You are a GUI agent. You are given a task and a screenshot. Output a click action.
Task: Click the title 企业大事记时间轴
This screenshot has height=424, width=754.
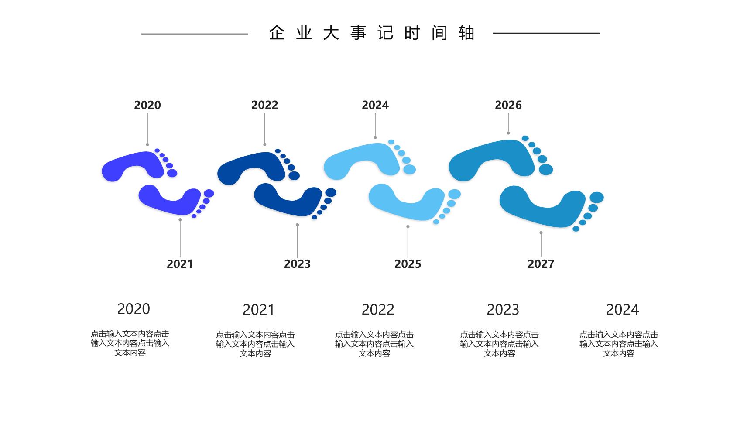pyautogui.click(x=372, y=33)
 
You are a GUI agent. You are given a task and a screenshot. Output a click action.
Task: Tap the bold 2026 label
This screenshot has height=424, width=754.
pyautogui.click(x=508, y=105)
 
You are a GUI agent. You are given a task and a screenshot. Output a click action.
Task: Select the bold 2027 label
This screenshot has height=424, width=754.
pyautogui.click(x=541, y=264)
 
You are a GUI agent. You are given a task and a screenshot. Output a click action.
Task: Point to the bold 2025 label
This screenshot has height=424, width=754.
pyautogui.click(x=408, y=264)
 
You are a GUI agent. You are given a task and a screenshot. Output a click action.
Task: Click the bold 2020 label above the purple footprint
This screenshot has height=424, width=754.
pyautogui.click(x=147, y=105)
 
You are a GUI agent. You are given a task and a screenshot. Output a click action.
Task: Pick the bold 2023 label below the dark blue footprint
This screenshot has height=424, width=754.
pyautogui.click(x=297, y=264)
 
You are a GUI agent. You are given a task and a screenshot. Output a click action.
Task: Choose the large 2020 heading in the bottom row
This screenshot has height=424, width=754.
pyautogui.click(x=134, y=309)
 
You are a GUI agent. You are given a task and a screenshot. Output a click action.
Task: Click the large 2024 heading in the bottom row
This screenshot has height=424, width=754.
pyautogui.click(x=622, y=310)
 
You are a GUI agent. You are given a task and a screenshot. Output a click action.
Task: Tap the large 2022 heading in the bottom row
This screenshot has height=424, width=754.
pyautogui.click(x=378, y=310)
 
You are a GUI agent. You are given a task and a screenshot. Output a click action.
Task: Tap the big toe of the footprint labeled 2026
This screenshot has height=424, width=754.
pyautogui.click(x=546, y=170)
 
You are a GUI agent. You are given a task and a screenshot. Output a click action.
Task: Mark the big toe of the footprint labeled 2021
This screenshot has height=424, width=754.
pyautogui.click(x=209, y=193)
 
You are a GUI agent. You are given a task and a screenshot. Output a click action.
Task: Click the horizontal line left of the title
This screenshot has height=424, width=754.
pyautogui.click(x=195, y=34)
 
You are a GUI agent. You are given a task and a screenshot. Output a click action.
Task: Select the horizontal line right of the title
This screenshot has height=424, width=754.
pyautogui.click(x=546, y=33)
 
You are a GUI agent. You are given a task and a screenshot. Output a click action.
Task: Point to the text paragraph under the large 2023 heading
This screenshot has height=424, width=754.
pyautogui.click(x=499, y=344)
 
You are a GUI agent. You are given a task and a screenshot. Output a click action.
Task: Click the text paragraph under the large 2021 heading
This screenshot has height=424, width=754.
pyautogui.click(x=255, y=344)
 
